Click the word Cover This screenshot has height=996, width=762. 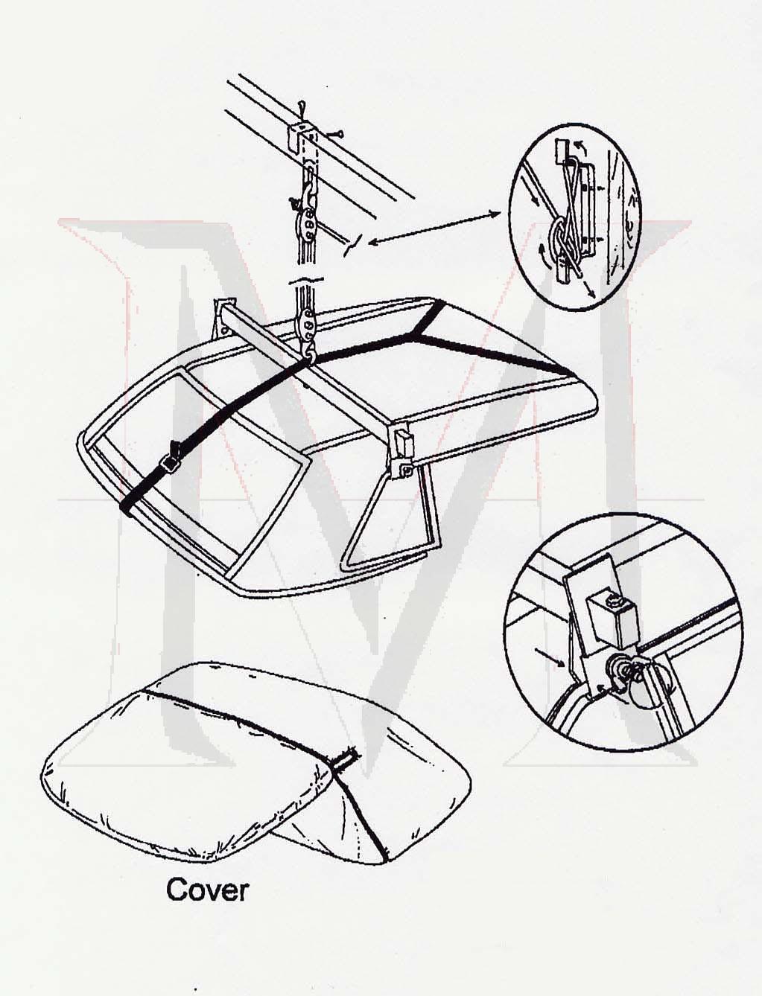pos(207,890)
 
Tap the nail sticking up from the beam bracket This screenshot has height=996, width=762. pos(300,112)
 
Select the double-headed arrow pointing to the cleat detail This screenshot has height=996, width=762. pos(435,227)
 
